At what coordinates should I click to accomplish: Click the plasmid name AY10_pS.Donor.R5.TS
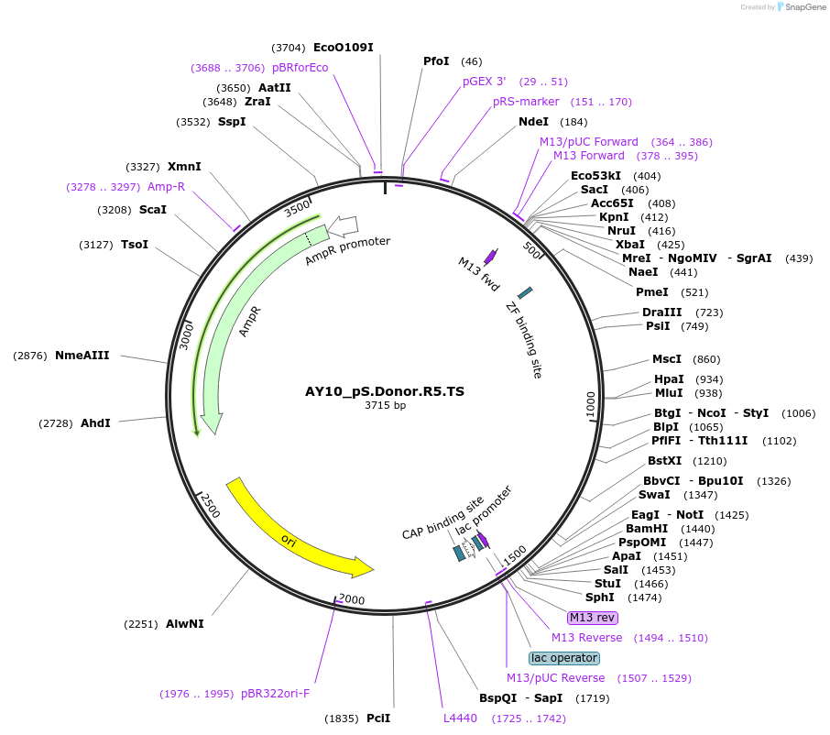click(385, 391)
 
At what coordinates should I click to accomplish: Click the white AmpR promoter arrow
click(344, 225)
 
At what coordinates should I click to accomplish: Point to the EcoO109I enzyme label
click(344, 48)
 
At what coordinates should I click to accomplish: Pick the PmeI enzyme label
click(652, 292)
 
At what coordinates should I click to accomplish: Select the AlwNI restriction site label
click(185, 624)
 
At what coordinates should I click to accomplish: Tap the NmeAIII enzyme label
click(82, 356)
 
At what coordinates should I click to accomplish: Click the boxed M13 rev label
click(593, 617)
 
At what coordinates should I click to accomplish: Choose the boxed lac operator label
click(564, 658)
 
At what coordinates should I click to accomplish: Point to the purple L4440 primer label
click(460, 719)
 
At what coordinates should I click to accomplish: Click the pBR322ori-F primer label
click(275, 694)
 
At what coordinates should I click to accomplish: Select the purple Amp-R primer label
click(166, 187)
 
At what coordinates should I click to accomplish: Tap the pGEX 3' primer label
click(484, 82)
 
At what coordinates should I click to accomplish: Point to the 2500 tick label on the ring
click(210, 505)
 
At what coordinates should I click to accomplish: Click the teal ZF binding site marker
click(525, 293)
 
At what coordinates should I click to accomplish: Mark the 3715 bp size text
click(385, 405)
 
